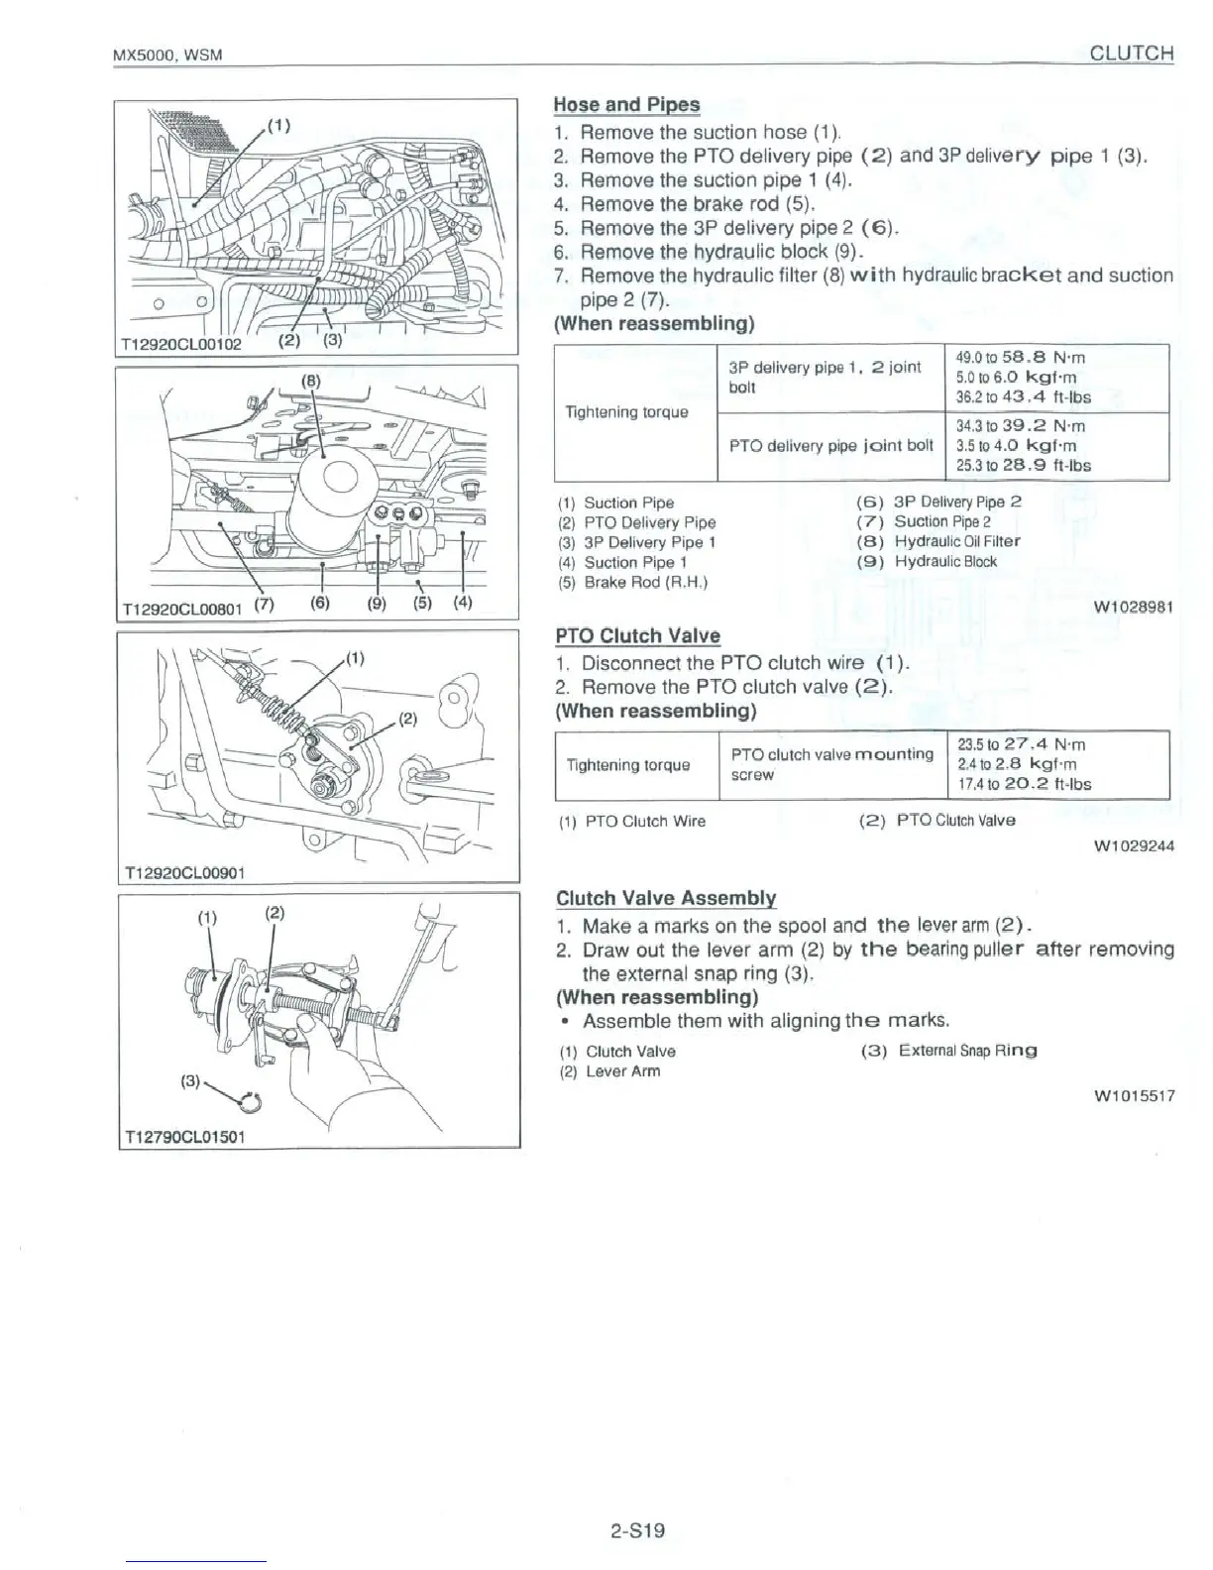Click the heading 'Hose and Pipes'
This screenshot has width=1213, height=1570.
(626, 105)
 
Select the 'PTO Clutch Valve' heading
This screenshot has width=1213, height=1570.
(637, 636)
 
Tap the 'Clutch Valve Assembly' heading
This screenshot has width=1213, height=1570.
(666, 899)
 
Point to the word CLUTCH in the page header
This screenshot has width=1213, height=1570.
(1131, 54)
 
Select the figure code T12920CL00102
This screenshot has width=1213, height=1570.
(178, 346)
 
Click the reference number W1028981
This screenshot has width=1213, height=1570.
(1134, 607)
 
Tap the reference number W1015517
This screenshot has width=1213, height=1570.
(1134, 1095)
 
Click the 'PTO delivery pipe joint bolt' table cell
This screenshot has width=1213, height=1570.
(830, 446)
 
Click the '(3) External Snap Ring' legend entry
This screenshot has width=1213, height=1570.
(949, 1051)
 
